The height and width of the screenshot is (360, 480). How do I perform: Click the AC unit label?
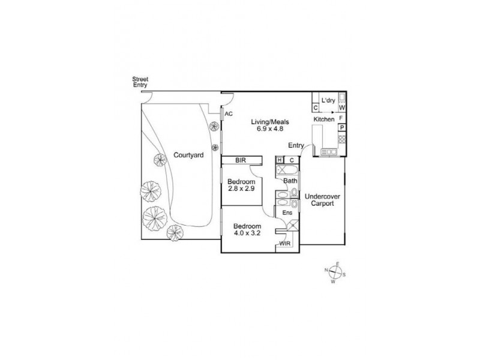[x=228, y=113]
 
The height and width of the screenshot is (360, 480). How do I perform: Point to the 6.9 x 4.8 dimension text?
[x=270, y=129]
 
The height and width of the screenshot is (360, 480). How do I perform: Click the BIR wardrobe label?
[x=241, y=160]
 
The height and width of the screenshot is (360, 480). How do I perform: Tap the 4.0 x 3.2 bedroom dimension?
[x=248, y=233]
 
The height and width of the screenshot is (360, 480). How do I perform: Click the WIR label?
[x=285, y=244]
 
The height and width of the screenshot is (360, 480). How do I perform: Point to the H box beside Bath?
[x=280, y=160]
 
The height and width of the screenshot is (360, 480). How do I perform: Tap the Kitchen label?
[x=324, y=120]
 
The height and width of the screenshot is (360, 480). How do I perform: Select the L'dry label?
[x=328, y=100]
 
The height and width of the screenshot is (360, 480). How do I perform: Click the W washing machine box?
[x=342, y=108]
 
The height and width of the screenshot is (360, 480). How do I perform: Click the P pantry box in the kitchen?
[x=342, y=128]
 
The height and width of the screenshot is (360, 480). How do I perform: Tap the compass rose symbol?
[x=335, y=273]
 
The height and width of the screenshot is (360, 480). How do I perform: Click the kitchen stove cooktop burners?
[x=342, y=139]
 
